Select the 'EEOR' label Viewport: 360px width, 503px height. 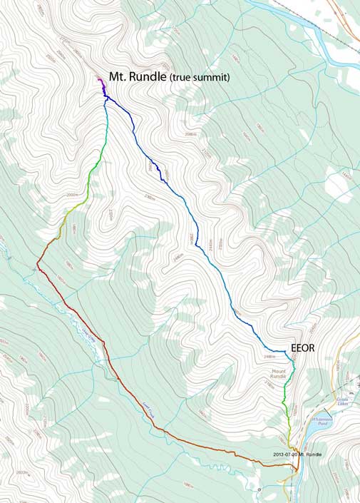click(x=302, y=349)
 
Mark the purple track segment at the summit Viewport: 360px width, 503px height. click(x=102, y=85)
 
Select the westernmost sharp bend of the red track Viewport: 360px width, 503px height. click(x=37, y=265)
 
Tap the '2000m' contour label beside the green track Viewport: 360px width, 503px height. click(x=72, y=195)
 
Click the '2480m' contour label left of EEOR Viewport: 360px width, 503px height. click(x=270, y=356)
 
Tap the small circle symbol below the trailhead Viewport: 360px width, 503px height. click(x=260, y=491)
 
